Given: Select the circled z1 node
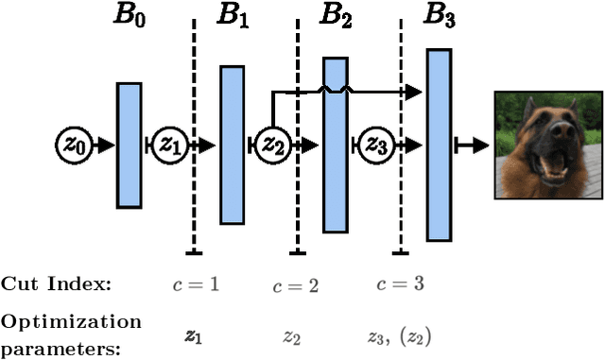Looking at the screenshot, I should point(170,145).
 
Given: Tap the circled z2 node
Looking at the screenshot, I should point(272,145).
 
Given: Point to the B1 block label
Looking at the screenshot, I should point(231,16).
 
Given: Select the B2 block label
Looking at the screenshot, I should point(334,16).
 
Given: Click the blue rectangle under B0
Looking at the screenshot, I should point(130,145).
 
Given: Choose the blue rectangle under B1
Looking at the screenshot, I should point(233,145).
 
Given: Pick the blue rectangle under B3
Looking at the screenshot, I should point(438,145).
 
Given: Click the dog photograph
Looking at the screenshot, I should point(548,145).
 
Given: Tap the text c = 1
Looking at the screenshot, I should point(196,284).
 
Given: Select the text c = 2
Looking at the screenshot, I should point(296,284).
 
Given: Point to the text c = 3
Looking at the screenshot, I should point(400,284).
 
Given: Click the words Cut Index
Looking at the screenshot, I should point(56,284).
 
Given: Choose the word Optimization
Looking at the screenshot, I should point(71,322).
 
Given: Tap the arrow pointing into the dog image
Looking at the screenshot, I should point(473,145).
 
